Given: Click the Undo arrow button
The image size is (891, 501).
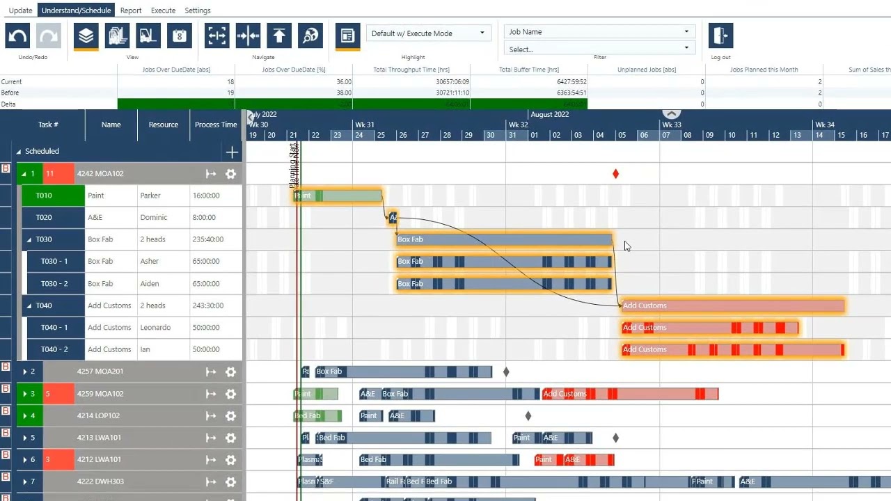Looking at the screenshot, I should (x=17, y=35).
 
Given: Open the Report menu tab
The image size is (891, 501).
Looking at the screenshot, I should (x=131, y=10).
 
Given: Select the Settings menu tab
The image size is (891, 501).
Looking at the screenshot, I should (x=198, y=10).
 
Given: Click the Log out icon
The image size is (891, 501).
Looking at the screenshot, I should (x=720, y=35).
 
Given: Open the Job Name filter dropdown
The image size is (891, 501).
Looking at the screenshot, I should (x=599, y=32).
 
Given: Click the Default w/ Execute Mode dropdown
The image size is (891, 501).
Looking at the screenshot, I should (x=428, y=33).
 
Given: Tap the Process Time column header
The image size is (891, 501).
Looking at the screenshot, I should (x=216, y=125).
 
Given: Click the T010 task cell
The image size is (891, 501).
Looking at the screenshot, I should (x=44, y=196).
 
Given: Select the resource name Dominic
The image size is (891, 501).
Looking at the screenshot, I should (x=154, y=218).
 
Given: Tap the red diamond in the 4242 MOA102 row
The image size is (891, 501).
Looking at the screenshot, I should (x=615, y=174).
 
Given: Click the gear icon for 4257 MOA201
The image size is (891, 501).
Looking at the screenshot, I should (x=231, y=372).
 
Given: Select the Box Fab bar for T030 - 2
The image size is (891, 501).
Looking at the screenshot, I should (x=503, y=284).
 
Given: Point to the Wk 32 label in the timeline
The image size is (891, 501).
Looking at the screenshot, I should (x=518, y=125).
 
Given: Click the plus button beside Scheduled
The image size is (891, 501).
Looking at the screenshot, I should (x=232, y=152).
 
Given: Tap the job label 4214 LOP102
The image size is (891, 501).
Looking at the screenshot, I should (x=98, y=416).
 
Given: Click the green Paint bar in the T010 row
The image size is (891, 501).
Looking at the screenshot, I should (x=338, y=196).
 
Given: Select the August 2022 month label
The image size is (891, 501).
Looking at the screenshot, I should (x=549, y=115).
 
